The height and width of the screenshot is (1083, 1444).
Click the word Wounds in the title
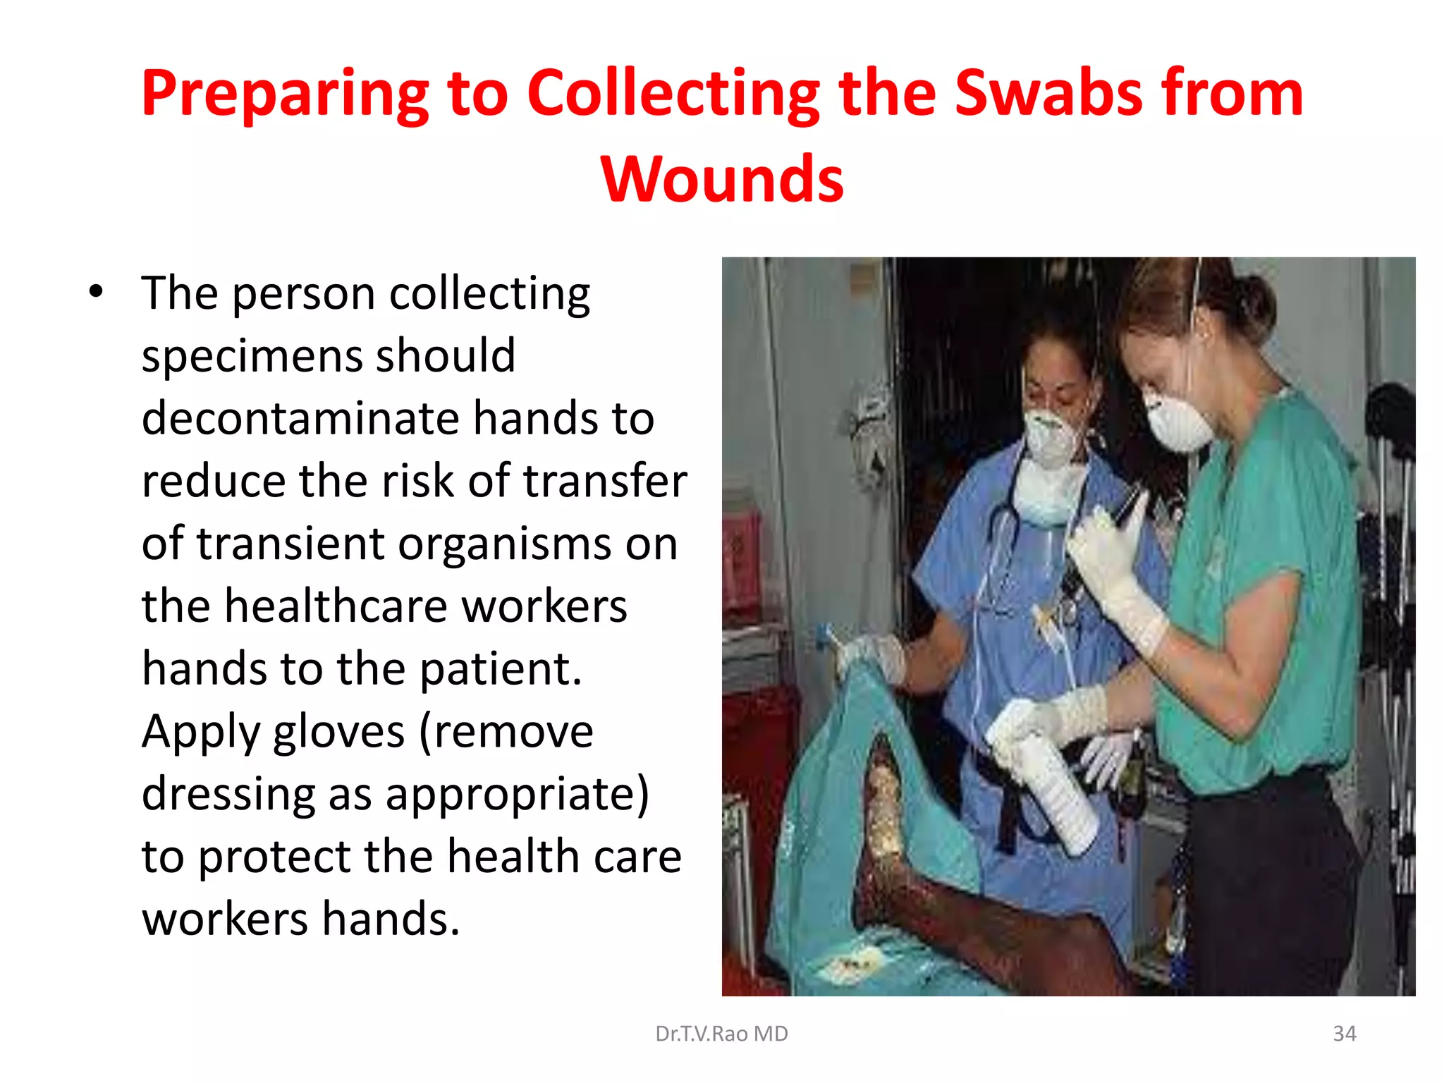pyautogui.click(x=722, y=179)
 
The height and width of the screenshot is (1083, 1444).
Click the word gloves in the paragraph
pyautogui.click(x=338, y=731)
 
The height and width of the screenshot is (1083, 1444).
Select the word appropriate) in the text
pyautogui.click(x=517, y=794)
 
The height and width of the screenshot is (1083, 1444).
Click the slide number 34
pyautogui.click(x=1344, y=1034)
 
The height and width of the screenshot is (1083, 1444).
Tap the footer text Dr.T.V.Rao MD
pyautogui.click(x=721, y=1034)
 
